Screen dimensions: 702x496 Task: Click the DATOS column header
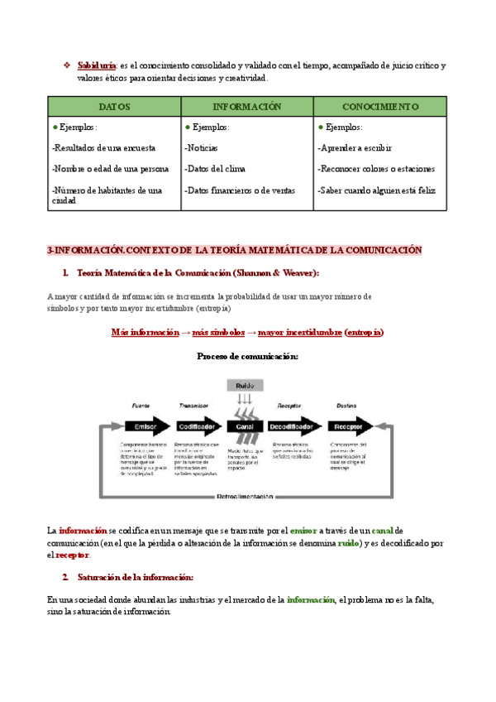tap(114, 107)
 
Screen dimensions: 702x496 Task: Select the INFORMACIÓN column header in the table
tap(247, 107)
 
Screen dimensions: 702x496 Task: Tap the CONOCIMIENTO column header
tap(379, 107)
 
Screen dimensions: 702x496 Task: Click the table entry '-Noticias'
tap(202, 148)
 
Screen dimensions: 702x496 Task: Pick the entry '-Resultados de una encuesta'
tap(103, 148)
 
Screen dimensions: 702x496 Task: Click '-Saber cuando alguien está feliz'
tap(376, 190)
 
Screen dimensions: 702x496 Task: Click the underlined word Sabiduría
tap(96, 65)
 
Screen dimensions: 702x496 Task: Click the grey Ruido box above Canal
tap(245, 386)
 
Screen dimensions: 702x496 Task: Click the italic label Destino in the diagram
tap(346, 406)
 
